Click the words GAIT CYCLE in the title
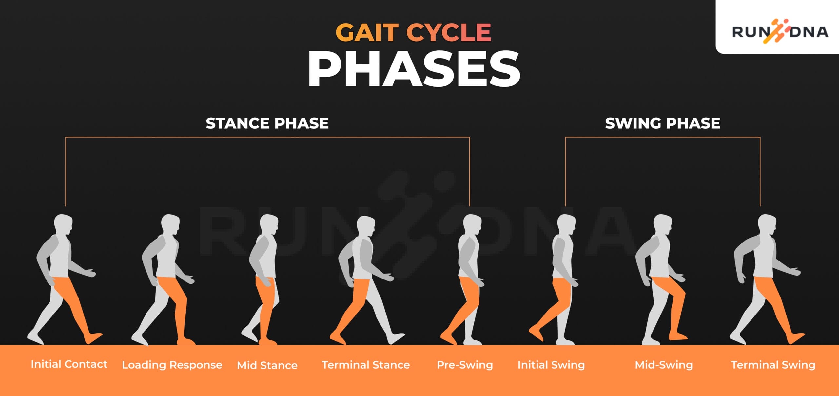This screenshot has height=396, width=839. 413,33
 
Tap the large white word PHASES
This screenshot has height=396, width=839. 414,69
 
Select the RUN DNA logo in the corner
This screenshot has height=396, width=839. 780,32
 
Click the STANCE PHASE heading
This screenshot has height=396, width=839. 267,123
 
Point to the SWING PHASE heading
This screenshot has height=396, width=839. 662,123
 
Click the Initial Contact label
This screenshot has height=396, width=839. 69,364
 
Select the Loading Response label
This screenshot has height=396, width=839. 172,365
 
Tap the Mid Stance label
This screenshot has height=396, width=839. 267,365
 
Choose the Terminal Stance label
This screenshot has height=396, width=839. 366,365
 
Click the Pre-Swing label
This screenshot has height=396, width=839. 465,365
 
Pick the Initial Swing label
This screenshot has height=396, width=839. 551,365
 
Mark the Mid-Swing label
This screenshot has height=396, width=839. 664,365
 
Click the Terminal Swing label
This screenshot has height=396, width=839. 773,365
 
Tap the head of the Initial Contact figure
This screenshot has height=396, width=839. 63,224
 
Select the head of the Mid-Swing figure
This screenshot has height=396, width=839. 663,224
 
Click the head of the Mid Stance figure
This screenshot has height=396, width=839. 269,224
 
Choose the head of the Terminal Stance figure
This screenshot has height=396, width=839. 366,226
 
